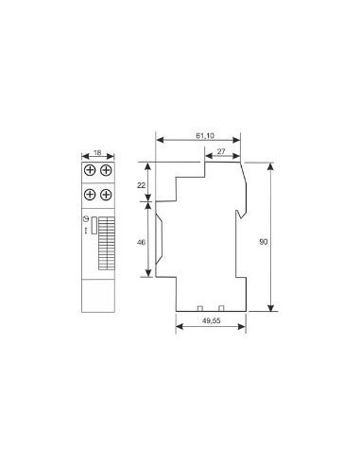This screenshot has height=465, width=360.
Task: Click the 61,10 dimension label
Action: pos(205,136)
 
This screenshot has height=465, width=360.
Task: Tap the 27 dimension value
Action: pos(221,151)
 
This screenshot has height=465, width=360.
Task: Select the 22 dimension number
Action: pos(141,185)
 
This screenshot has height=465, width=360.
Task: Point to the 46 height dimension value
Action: pos(141,242)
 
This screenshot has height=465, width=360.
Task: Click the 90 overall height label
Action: pos(264,242)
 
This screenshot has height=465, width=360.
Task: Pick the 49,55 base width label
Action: pos(211,320)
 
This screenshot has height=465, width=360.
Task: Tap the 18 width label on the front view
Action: pos(97,152)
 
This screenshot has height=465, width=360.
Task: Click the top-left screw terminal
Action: pos(90,170)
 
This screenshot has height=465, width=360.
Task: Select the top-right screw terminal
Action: pos(106,170)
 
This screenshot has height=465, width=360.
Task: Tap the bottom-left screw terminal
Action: pos(90,195)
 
